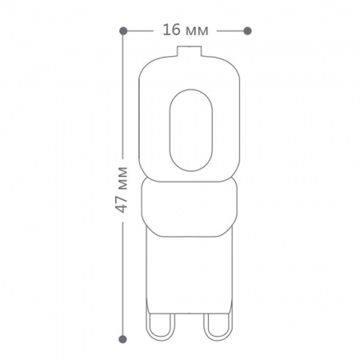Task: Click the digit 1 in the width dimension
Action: pyautogui.click(x=166, y=30)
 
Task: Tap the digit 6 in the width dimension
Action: pyautogui.click(x=175, y=30)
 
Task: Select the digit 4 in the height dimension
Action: pyautogui.click(x=122, y=208)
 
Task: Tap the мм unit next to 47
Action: pyautogui.click(x=122, y=178)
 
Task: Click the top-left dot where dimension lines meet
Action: pyautogui.click(x=123, y=30)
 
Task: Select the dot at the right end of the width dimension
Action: pyautogui.click(x=247, y=31)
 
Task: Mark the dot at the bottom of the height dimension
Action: pyautogui.click(x=122, y=339)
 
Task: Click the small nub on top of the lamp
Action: pyautogui.click(x=189, y=51)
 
